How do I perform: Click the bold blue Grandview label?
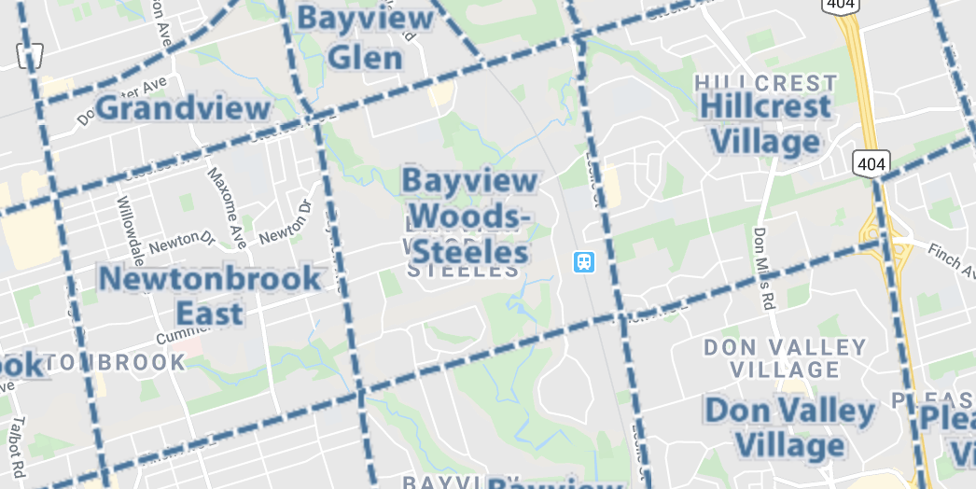coord(183,108)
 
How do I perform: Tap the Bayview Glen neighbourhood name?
coord(365,38)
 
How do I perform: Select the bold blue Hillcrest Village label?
coord(766,123)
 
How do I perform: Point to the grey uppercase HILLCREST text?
coord(766,83)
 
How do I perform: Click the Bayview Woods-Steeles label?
coord(470,216)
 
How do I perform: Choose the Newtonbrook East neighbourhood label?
coord(209,295)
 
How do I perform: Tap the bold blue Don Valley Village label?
coord(789,427)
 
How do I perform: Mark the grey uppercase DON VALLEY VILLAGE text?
coord(785,358)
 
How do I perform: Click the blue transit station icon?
coord(584,261)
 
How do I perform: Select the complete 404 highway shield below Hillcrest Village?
coord(870,164)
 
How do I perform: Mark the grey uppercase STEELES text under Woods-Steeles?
coord(464,271)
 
